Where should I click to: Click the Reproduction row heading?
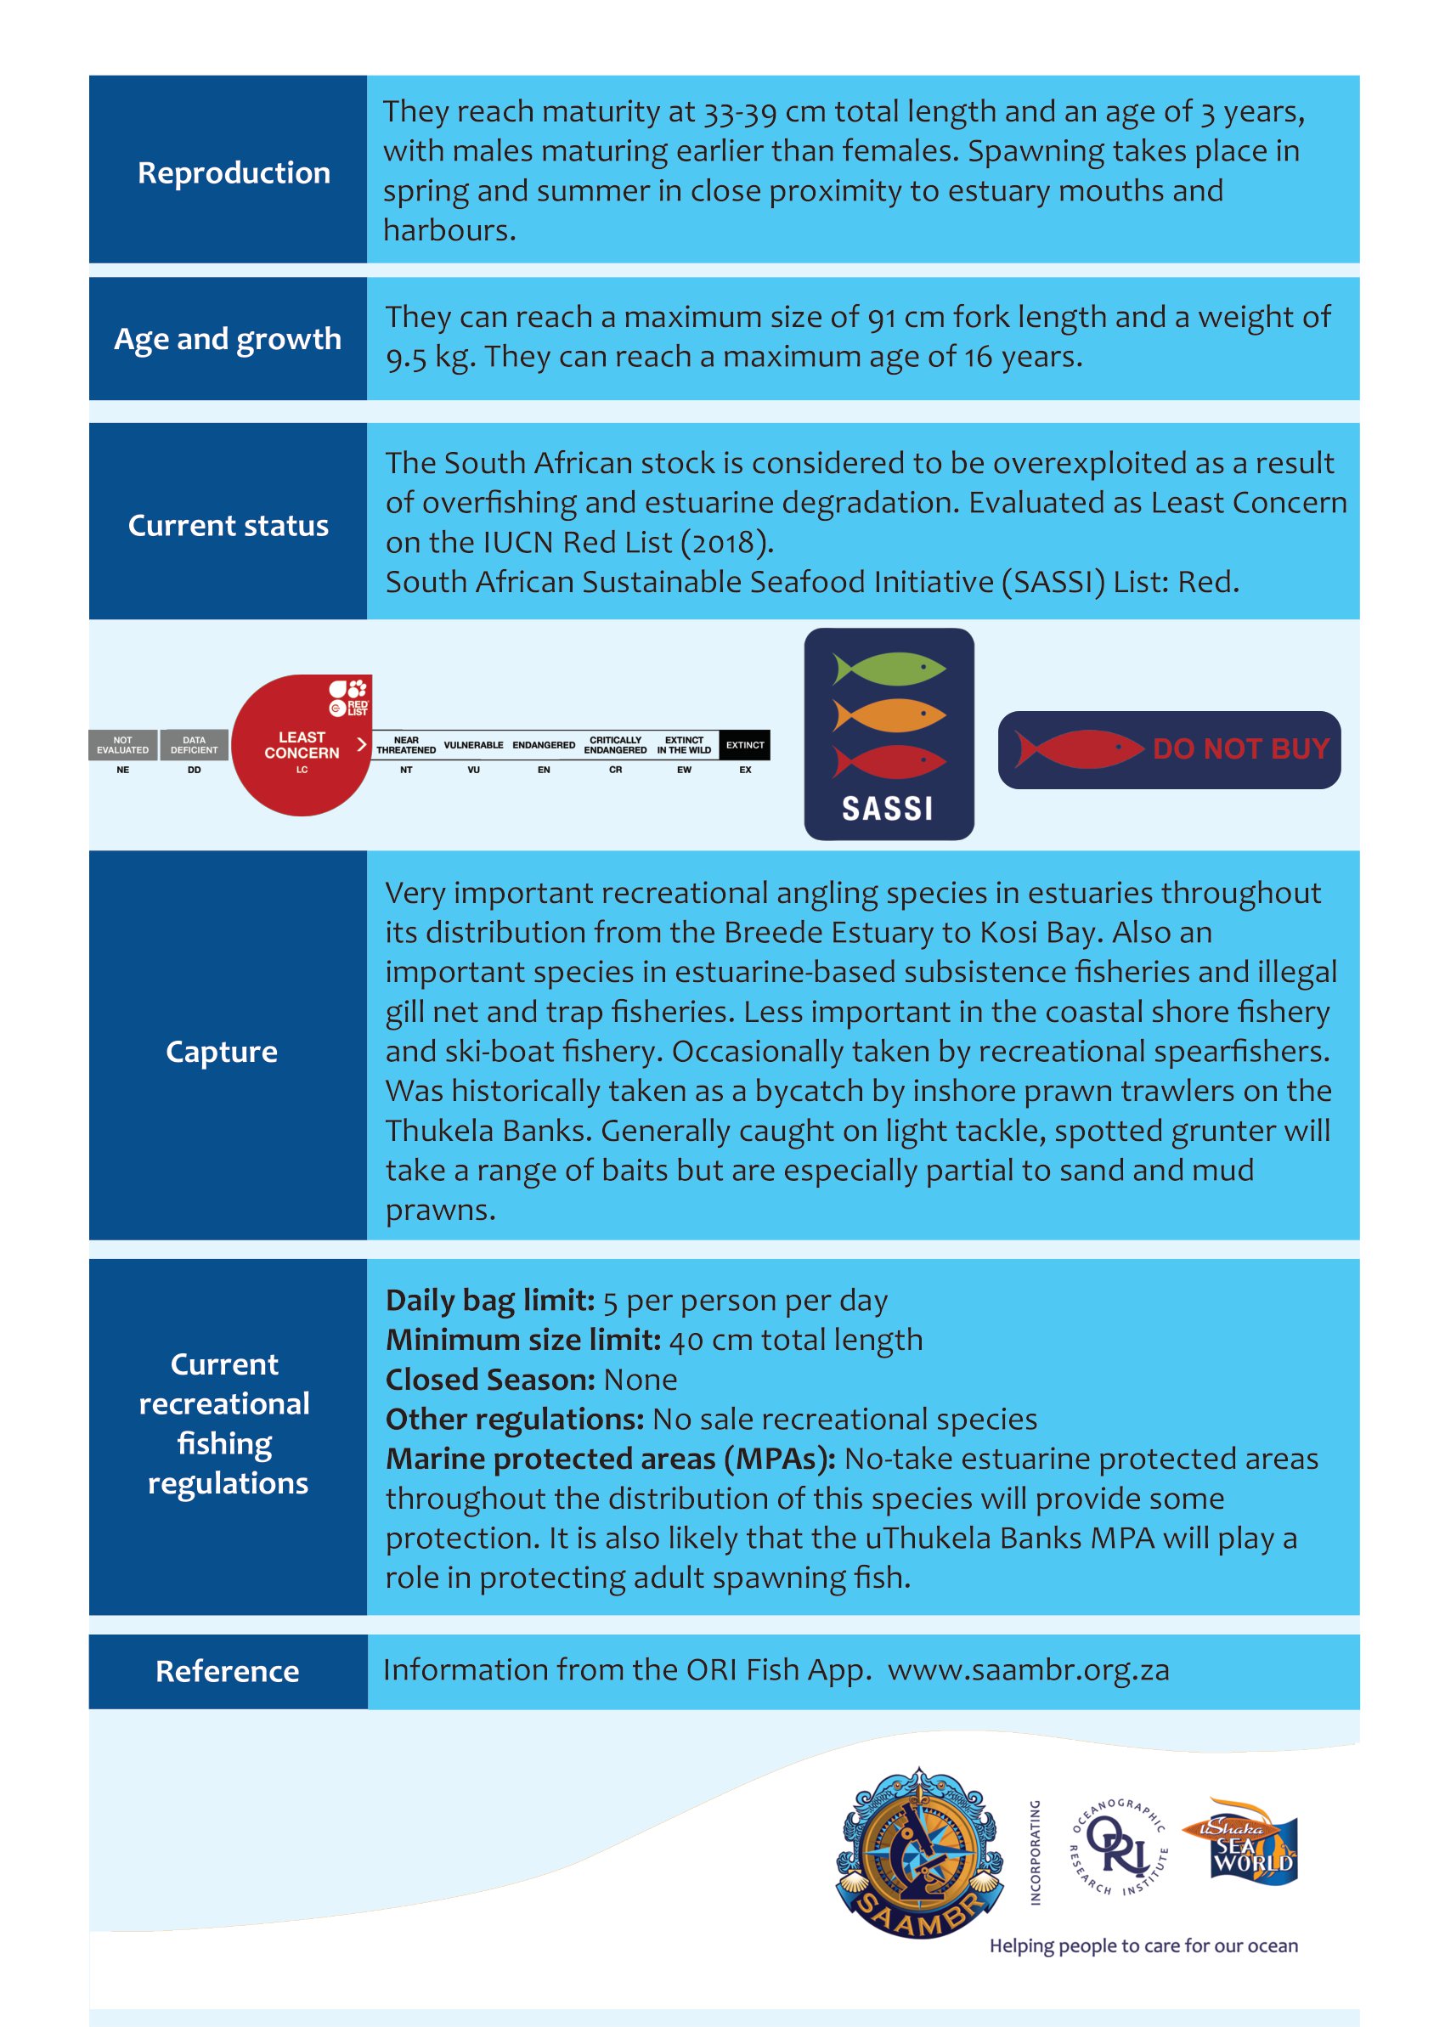[233, 172]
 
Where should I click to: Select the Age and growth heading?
[228, 339]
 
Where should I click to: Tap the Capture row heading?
[222, 1052]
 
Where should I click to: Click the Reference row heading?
[227, 1671]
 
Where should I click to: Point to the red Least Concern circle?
[301, 746]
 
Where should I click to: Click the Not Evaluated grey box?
[123, 745]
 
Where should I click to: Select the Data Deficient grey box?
[194, 745]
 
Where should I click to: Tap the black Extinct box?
[745, 745]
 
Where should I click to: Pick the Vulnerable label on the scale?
[473, 745]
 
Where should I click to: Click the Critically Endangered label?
[615, 745]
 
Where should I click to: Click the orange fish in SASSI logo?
[889, 715]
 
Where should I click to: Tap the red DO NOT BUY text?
[1240, 749]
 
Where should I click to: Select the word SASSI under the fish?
[888, 809]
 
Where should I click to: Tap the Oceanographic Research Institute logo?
[1119, 1847]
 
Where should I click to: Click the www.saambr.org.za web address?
[1029, 1670]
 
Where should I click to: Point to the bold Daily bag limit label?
[489, 1301]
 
